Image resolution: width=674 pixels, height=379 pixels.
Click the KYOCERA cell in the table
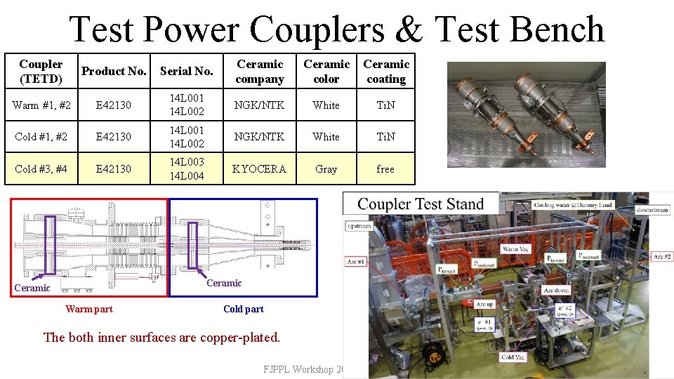(x=260, y=169)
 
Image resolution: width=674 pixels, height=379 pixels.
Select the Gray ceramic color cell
(x=326, y=169)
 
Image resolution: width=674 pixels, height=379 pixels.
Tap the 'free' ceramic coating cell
(x=385, y=169)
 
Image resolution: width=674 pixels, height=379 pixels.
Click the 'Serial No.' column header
(x=186, y=71)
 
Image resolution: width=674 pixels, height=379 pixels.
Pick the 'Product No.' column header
(x=114, y=71)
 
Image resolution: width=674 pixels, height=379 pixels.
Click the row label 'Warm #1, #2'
(x=41, y=105)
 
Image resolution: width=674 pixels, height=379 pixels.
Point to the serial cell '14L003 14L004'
(x=186, y=169)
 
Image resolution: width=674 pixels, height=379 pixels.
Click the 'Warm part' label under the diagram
(x=88, y=309)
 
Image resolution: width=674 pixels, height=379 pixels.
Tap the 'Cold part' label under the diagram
(x=244, y=309)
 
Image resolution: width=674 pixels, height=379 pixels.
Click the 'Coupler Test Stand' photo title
(x=421, y=204)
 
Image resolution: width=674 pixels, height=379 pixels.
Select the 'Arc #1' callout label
(x=356, y=262)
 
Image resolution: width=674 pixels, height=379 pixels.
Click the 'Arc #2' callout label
(x=662, y=257)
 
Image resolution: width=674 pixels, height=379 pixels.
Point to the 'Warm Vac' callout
(x=516, y=249)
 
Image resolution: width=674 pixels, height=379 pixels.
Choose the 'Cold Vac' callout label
(x=513, y=357)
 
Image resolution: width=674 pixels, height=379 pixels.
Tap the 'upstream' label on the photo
(x=359, y=226)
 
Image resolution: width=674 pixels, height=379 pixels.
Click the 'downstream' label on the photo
(x=652, y=210)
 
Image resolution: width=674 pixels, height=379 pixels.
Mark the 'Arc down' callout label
(x=557, y=291)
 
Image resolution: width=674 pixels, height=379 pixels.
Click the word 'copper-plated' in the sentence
(x=239, y=338)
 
